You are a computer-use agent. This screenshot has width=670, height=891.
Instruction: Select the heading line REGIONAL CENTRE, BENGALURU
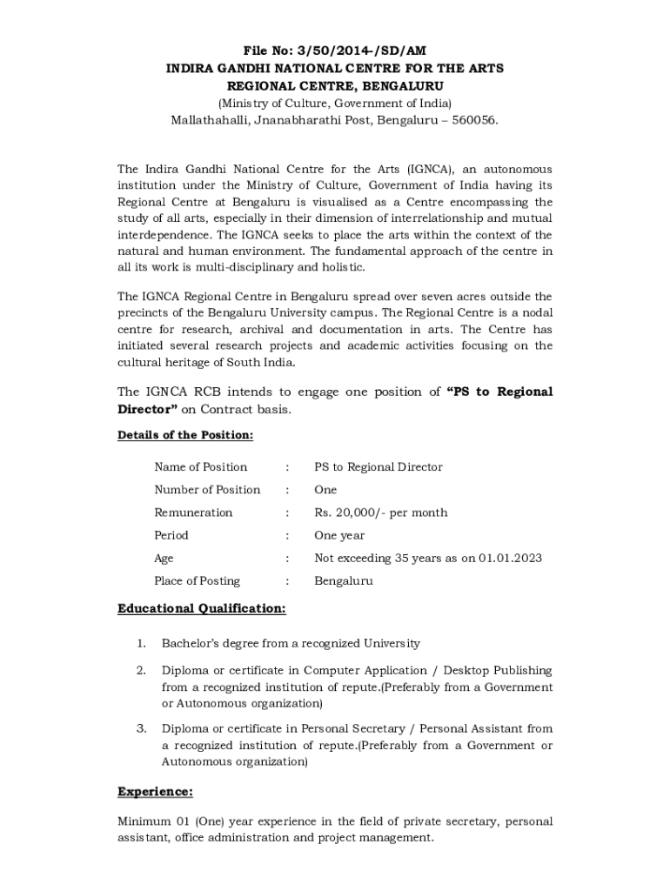point(335,86)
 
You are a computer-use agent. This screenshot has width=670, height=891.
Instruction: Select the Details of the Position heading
point(185,435)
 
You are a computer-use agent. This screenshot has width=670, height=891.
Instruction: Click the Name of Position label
point(200,467)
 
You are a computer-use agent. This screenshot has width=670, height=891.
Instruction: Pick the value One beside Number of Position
point(325,490)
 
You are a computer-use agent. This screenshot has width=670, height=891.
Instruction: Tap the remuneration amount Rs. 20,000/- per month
point(380,512)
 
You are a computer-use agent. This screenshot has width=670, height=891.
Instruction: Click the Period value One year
point(339,535)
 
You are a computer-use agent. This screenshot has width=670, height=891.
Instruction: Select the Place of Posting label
point(197,580)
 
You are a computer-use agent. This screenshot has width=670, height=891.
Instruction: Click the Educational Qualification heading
point(201,608)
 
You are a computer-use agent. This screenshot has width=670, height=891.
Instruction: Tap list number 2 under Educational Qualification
point(140,671)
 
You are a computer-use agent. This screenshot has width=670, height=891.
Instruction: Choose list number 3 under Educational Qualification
point(140,729)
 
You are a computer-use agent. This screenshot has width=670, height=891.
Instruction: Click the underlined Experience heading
point(155,792)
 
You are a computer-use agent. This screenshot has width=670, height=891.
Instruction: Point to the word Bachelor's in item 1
point(191,644)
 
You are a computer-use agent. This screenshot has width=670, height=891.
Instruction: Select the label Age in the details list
point(164,558)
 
